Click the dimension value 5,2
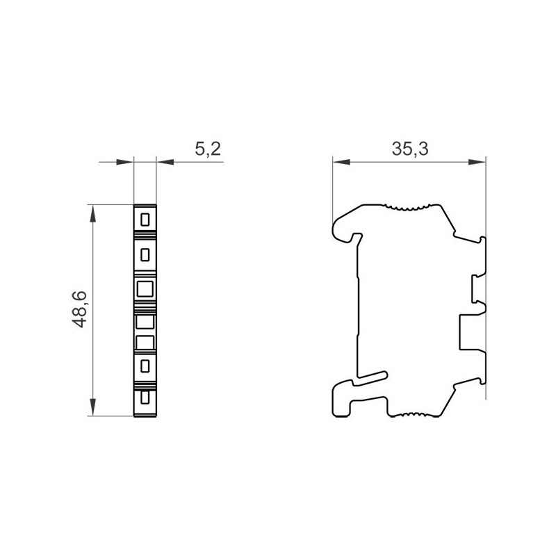[208, 149]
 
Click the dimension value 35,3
[409, 149]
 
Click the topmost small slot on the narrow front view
[145, 220]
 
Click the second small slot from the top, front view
[145, 254]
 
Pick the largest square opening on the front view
[145, 288]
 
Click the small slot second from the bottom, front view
[145, 365]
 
